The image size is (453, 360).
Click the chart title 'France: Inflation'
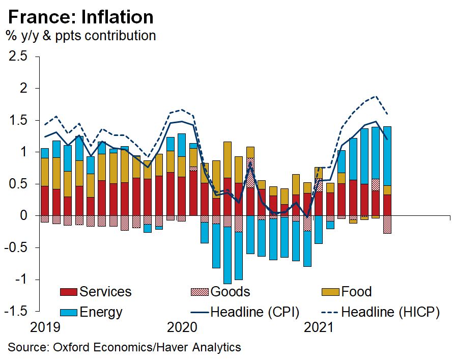pos(80,17)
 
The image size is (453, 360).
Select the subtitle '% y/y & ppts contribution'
pos(80,36)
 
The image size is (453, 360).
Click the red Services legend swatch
pos(68,292)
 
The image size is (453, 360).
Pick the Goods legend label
pos(230,292)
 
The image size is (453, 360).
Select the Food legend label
pos(356,292)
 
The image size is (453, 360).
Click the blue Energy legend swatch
pos(68,312)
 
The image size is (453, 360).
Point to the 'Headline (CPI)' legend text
pos(254,312)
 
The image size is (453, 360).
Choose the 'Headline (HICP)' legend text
pos(390,312)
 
